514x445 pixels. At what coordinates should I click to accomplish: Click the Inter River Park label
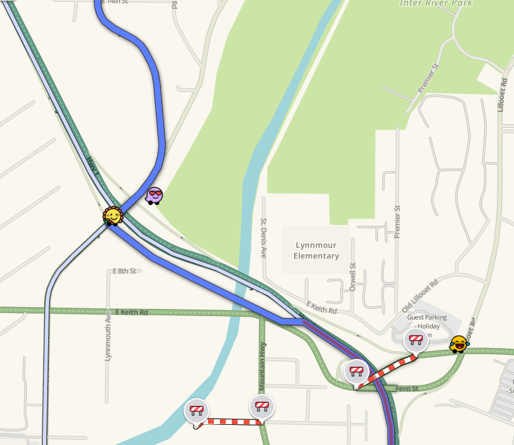pyautogui.click(x=436, y=4)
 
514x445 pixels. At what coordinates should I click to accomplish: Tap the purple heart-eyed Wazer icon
pyautogui.click(x=154, y=195)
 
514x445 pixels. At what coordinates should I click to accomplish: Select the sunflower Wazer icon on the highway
pyautogui.click(x=112, y=216)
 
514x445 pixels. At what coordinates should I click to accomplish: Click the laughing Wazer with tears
pyautogui.click(x=459, y=343)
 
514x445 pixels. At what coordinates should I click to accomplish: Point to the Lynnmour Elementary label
pyautogui.click(x=317, y=251)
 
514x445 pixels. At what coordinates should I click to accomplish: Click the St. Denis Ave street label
pyautogui.click(x=263, y=238)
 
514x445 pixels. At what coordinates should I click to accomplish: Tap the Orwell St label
pyautogui.click(x=353, y=276)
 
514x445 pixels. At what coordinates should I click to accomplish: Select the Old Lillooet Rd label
pyautogui.click(x=420, y=296)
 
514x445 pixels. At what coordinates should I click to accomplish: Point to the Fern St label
pyautogui.click(x=407, y=389)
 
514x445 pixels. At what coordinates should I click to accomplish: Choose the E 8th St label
pyautogui.click(x=124, y=271)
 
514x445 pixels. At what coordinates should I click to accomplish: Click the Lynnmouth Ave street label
pyautogui.click(x=108, y=336)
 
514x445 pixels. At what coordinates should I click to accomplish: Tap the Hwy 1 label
pyautogui.click(x=92, y=166)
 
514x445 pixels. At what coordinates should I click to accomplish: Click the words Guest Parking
pyautogui.click(x=427, y=317)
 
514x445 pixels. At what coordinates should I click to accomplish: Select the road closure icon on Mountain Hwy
pyautogui.click(x=262, y=406)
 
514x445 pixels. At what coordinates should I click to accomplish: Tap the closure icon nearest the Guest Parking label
pyautogui.click(x=415, y=340)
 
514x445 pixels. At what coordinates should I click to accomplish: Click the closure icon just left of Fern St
pyautogui.click(x=356, y=371)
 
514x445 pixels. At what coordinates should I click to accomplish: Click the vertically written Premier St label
pyautogui.click(x=398, y=222)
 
